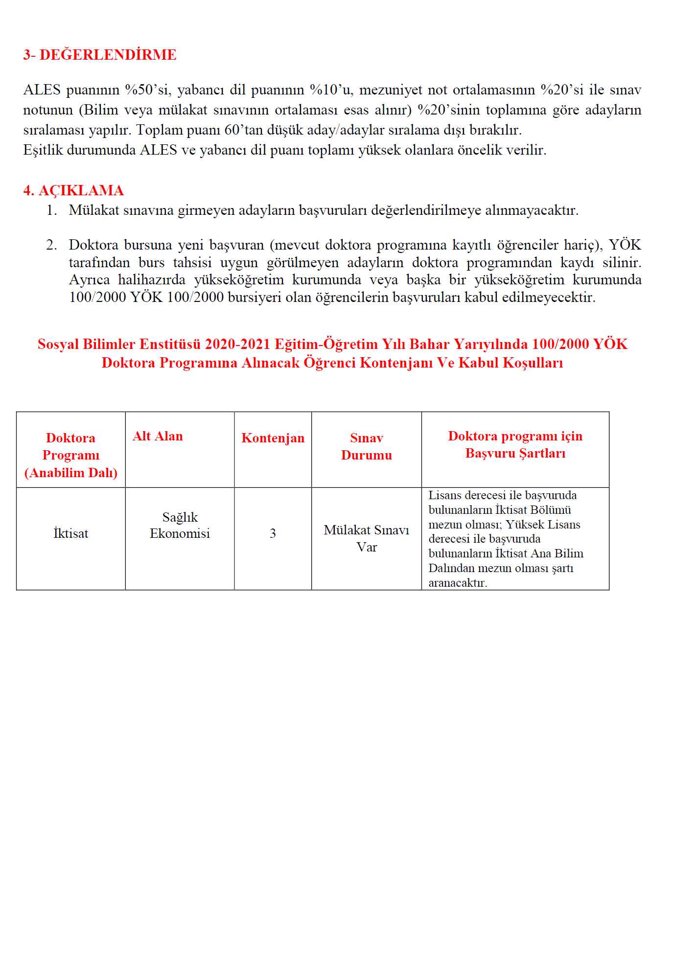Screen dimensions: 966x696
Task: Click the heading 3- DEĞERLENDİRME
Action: pos(100,55)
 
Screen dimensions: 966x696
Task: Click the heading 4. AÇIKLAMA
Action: pos(73,190)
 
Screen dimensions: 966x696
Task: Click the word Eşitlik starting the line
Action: pos(43,150)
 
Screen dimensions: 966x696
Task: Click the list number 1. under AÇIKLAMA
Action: pos(52,210)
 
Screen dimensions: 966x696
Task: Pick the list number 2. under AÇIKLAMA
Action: pos(52,245)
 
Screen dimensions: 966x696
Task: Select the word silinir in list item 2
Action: pos(622,263)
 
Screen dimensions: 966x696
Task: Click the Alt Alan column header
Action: pos(158,436)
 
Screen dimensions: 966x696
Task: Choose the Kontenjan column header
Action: pos(273,438)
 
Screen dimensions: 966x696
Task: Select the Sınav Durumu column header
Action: pos(366,446)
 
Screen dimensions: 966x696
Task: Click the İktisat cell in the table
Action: pos(71,533)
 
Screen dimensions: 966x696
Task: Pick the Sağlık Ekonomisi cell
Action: pos(180,525)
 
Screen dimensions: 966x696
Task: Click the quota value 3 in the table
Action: pos(273,533)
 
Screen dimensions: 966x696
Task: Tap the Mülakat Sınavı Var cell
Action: pos(366,538)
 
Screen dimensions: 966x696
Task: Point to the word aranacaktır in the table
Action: pos(458,583)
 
